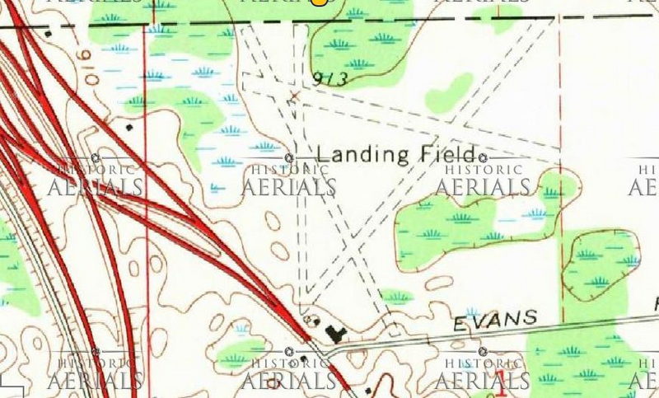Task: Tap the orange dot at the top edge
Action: click(319, 2)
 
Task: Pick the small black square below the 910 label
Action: click(129, 129)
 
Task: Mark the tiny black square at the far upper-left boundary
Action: click(49, 34)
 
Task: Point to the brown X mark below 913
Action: click(293, 97)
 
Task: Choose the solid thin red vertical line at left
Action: click(147, 206)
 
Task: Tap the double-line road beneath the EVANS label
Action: click(494, 332)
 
